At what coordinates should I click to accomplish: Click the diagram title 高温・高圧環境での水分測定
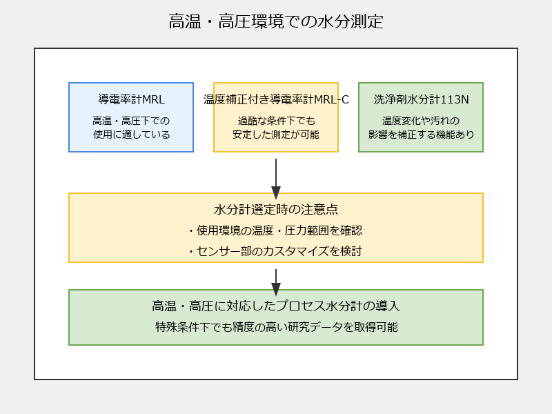click(275, 21)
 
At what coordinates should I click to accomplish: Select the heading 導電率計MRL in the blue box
click(131, 99)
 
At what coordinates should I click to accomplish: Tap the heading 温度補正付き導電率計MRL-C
click(276, 99)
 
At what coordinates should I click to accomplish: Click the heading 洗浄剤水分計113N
click(421, 99)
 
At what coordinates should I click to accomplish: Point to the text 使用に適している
click(131, 135)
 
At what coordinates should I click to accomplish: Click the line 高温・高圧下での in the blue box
click(131, 121)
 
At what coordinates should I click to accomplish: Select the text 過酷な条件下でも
click(277, 121)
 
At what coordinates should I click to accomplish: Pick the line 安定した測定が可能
click(276, 135)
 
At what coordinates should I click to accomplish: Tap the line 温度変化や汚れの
click(421, 121)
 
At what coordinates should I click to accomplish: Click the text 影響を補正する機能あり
click(421, 135)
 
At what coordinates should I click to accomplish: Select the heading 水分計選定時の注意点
click(276, 210)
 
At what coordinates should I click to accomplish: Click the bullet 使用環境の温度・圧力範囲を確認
click(275, 230)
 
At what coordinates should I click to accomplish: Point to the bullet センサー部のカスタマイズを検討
click(275, 251)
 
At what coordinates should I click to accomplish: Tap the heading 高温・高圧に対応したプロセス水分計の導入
click(276, 306)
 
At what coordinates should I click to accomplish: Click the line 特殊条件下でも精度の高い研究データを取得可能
click(277, 327)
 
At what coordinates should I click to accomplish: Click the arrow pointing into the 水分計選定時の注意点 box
click(276, 179)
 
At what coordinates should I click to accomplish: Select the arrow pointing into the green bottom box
click(276, 283)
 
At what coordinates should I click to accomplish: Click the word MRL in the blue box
click(153, 99)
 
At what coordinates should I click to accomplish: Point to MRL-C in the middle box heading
click(331, 99)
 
